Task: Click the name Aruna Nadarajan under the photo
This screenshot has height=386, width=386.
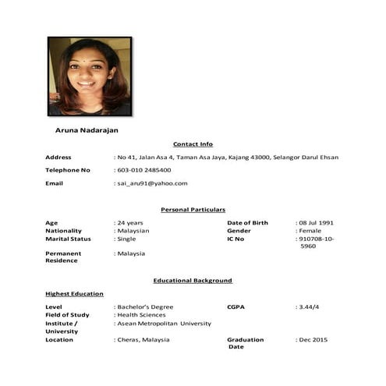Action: (x=87, y=130)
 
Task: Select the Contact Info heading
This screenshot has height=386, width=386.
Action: (x=193, y=144)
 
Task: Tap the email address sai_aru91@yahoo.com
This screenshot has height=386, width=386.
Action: (x=153, y=183)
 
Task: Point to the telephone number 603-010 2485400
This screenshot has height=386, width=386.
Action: (x=145, y=170)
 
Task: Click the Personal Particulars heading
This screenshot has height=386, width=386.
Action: (x=193, y=210)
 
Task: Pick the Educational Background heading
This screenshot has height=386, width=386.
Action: (x=193, y=280)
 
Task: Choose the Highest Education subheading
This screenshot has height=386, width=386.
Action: (x=74, y=294)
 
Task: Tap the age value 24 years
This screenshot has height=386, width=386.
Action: (x=130, y=223)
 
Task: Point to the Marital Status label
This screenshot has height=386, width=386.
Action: (x=68, y=239)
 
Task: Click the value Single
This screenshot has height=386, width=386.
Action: (x=127, y=239)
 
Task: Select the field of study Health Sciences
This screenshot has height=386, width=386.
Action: (x=142, y=315)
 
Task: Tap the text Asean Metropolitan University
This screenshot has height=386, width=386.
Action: (x=165, y=323)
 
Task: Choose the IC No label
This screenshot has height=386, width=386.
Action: (x=235, y=239)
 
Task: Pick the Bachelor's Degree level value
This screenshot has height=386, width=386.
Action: (x=146, y=307)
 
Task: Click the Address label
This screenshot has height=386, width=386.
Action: (x=58, y=158)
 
